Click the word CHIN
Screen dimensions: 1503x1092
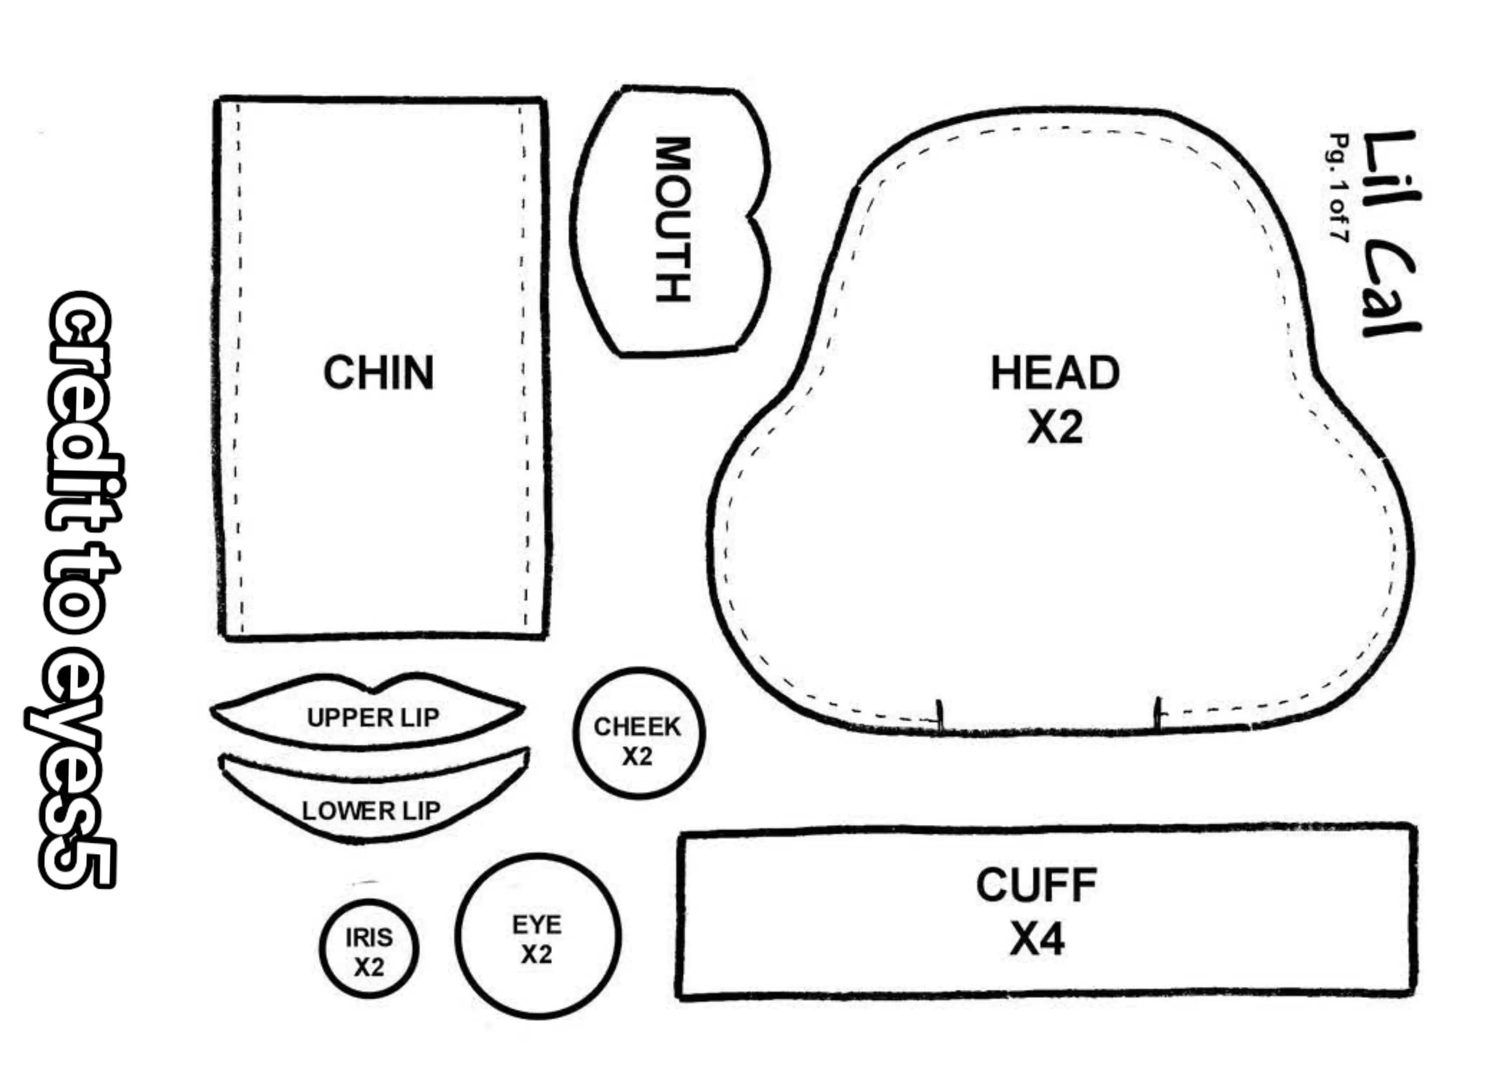tap(378, 372)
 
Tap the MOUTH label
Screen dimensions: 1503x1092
tap(672, 219)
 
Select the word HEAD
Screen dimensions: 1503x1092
tap(1055, 373)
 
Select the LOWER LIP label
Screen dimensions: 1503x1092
tap(371, 810)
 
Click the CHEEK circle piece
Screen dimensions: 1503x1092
tap(638, 734)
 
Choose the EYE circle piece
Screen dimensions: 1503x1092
tap(537, 936)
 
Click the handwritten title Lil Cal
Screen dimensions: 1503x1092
tap(1390, 233)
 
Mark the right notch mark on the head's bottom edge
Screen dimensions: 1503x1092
tap(1158, 715)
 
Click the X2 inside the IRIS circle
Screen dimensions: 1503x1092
tap(368, 968)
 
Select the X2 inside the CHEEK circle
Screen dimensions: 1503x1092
tap(637, 756)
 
